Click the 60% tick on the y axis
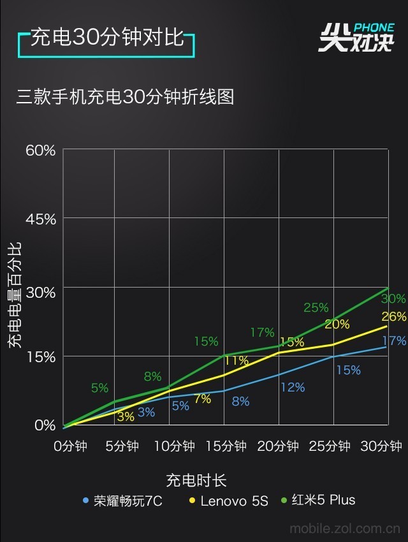point(41,150)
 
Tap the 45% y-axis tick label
point(41,219)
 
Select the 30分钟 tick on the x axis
point(381,446)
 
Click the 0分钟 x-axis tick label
point(71,446)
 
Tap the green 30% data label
point(393,298)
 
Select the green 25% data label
point(316,307)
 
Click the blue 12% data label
point(293,387)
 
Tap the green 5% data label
point(99,387)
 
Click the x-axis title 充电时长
point(196,480)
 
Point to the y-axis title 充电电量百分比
point(15,295)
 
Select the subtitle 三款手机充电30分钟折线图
point(126,96)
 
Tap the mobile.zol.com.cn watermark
point(345,529)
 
